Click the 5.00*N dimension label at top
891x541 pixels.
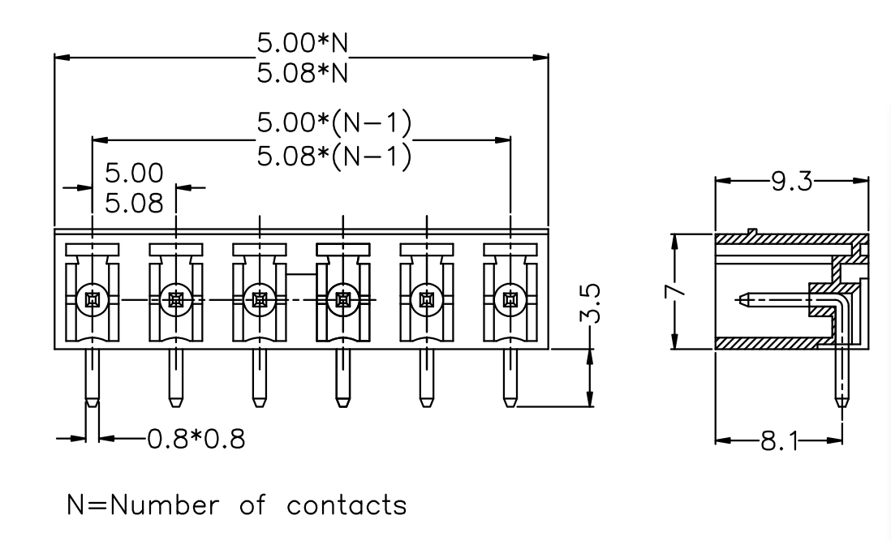(303, 42)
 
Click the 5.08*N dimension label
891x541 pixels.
(303, 73)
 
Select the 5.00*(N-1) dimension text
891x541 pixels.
(334, 123)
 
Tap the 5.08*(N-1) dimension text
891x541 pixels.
(334, 156)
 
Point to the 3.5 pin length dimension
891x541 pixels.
(592, 303)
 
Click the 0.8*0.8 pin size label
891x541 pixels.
(196, 439)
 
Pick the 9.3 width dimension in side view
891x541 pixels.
(791, 182)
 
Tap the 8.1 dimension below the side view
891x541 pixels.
(779, 440)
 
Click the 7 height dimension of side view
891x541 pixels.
(674, 290)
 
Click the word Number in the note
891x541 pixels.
(165, 505)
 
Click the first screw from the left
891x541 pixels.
(93, 299)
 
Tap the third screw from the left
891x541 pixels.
(260, 299)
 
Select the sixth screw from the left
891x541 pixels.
(510, 299)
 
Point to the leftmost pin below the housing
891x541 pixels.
(92, 377)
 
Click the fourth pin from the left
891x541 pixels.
(342, 377)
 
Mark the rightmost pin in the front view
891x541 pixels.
(510, 377)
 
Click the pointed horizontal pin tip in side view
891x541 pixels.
(736, 298)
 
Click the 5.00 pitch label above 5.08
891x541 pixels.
(134, 173)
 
